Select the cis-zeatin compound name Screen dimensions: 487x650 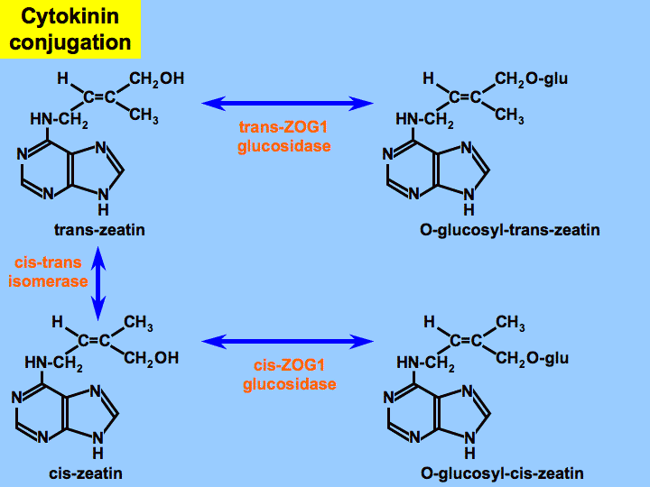coord(87,473)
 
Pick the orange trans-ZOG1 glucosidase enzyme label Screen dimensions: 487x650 coord(284,136)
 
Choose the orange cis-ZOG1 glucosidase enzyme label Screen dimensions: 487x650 coord(289,375)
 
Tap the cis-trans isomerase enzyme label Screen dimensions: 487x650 coord(49,271)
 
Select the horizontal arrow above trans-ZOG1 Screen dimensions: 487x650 coord(288,103)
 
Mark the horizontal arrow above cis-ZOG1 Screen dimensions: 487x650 coord(288,341)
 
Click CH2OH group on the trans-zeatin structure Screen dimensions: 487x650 coord(156,79)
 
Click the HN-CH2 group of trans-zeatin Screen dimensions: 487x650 coord(58,118)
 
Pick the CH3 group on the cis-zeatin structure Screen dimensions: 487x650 coord(138,323)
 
